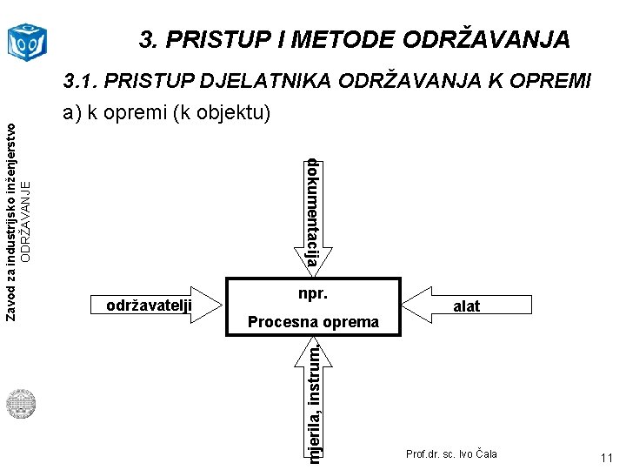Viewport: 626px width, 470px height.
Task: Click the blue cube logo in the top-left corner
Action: pyautogui.click(x=26, y=39)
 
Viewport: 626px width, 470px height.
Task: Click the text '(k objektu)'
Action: pyautogui.click(x=221, y=113)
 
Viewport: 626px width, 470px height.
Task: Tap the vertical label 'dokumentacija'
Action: pyautogui.click(x=313, y=212)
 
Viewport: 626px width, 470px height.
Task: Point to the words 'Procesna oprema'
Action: pyautogui.click(x=313, y=322)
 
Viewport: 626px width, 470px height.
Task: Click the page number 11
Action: pyautogui.click(x=606, y=459)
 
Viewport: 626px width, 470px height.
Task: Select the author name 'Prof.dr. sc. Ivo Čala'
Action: pyautogui.click(x=451, y=454)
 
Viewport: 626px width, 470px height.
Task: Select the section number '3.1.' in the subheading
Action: pyautogui.click(x=81, y=82)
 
